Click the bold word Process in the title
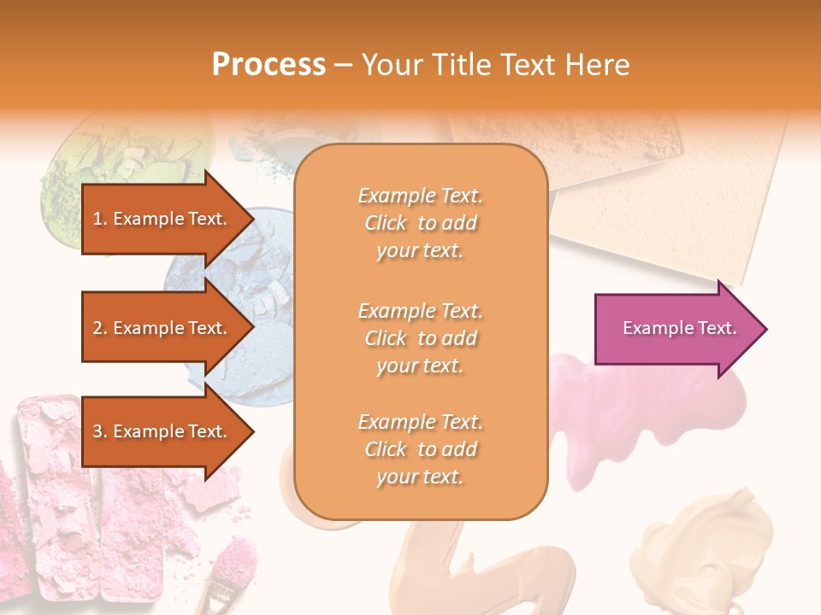(269, 65)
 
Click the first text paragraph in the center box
(420, 223)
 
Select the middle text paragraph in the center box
(420, 338)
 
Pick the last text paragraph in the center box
(420, 449)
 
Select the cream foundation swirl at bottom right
(718, 547)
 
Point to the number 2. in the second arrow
(100, 328)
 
